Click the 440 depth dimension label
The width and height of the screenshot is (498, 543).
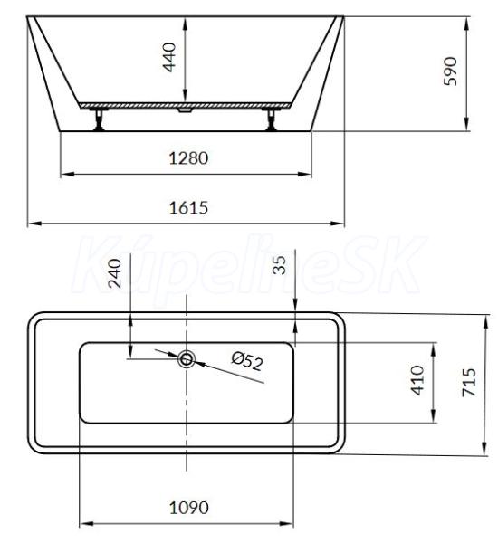pos(169,57)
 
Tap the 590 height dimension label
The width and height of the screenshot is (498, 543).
pos(451,71)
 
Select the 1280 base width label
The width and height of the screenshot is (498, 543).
pos(188,158)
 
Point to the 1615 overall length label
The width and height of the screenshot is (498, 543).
pos(188,208)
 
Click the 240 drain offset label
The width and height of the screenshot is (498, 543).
pos(115,273)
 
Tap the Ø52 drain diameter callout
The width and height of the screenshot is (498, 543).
pos(247,361)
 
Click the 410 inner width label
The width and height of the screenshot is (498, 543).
pos(417,380)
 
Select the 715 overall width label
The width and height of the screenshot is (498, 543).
pos(469,382)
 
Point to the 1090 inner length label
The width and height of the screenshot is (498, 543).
pos(189,508)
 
